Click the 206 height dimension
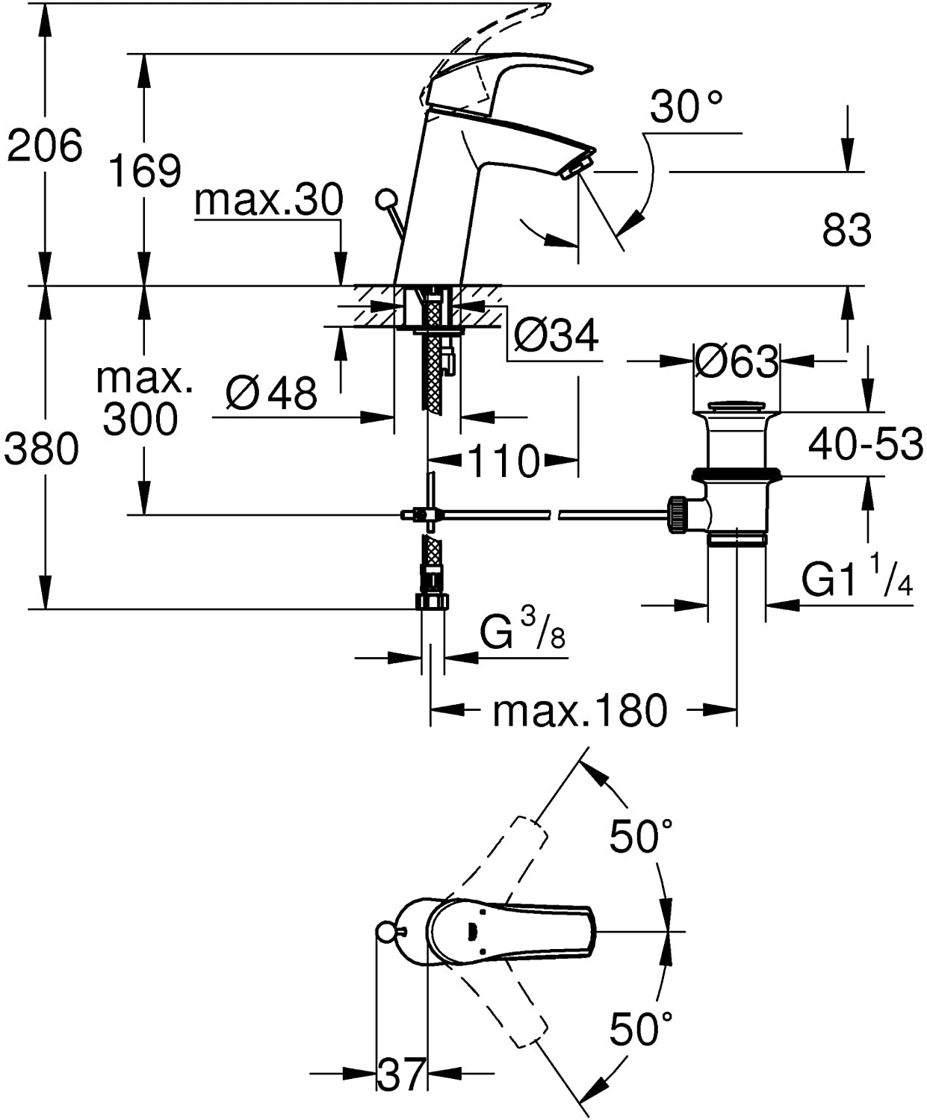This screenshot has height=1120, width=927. pyautogui.click(x=45, y=146)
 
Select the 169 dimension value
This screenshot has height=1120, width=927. pyautogui.click(x=145, y=170)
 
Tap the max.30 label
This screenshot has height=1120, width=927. pyautogui.click(x=268, y=200)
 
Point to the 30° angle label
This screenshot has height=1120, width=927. pyautogui.click(x=686, y=107)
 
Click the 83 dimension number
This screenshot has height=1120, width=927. pyautogui.click(x=846, y=230)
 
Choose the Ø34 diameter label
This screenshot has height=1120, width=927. pyautogui.click(x=556, y=335)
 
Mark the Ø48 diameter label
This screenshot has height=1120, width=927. pyautogui.click(x=272, y=393)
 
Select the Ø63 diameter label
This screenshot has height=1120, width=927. pyautogui.click(x=737, y=361)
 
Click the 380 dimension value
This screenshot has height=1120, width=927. pyautogui.click(x=41, y=449)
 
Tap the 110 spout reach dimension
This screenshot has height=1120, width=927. pyautogui.click(x=503, y=461)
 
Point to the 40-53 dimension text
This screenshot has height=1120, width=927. pyautogui.click(x=866, y=444)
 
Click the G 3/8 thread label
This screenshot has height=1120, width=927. pyautogui.click(x=522, y=631)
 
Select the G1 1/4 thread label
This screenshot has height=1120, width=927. pyautogui.click(x=857, y=576)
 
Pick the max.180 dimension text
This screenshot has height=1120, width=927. pyautogui.click(x=580, y=712)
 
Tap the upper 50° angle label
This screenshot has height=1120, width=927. pyautogui.click(x=640, y=836)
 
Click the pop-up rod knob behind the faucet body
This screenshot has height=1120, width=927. pyautogui.click(x=385, y=199)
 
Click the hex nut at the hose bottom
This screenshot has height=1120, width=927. pyautogui.click(x=432, y=601)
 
